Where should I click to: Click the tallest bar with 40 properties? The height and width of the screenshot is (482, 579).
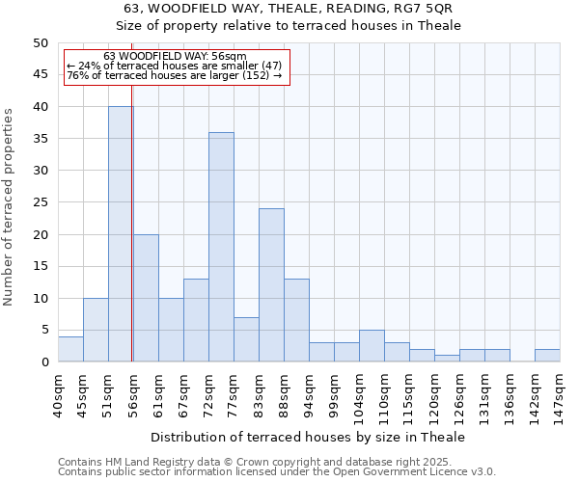121,234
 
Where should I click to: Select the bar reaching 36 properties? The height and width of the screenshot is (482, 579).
221,247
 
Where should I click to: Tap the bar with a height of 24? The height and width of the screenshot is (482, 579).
271,285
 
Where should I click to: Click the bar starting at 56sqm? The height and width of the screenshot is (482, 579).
146,298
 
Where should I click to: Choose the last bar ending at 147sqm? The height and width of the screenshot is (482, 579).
547,356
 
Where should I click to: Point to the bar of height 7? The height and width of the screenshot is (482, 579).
246,339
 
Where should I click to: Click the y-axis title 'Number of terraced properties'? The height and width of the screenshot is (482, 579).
10,206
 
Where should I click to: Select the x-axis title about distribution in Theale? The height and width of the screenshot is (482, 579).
308,437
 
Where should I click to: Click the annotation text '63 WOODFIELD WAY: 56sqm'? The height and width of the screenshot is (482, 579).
175,57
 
